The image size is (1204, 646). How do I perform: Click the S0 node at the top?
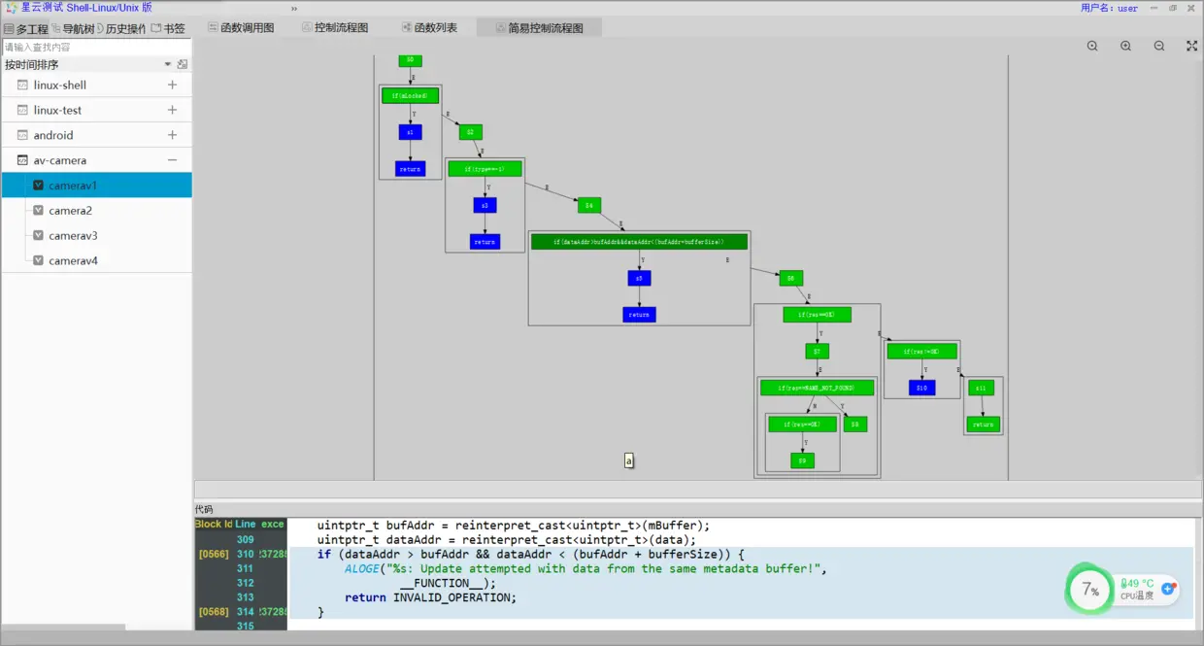coord(410,60)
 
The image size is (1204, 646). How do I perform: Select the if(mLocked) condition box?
coord(410,95)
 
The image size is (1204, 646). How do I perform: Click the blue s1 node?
coord(410,132)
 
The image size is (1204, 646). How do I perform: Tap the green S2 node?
coord(471,132)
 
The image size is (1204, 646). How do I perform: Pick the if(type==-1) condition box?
coord(485,169)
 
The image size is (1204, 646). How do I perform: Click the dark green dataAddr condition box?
coord(639,242)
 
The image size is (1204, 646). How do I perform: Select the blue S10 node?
coord(922,388)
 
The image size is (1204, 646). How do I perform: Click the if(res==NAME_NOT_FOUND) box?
coord(817,388)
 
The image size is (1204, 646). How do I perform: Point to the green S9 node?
coord(802,460)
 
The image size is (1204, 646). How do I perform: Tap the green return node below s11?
coord(983,425)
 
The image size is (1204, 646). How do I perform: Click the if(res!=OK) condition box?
coord(921,352)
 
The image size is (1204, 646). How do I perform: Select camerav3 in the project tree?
coord(74,236)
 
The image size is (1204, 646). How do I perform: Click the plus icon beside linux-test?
coord(172,110)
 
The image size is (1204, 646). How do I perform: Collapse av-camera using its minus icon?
coord(172,160)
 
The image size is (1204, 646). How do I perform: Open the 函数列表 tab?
coord(435,28)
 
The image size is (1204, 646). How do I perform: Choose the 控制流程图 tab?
coord(341,28)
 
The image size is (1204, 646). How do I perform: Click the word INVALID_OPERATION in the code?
coord(454,597)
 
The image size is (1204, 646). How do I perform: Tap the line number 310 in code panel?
coord(245,554)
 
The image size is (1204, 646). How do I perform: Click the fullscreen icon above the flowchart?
coord(1191,46)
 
